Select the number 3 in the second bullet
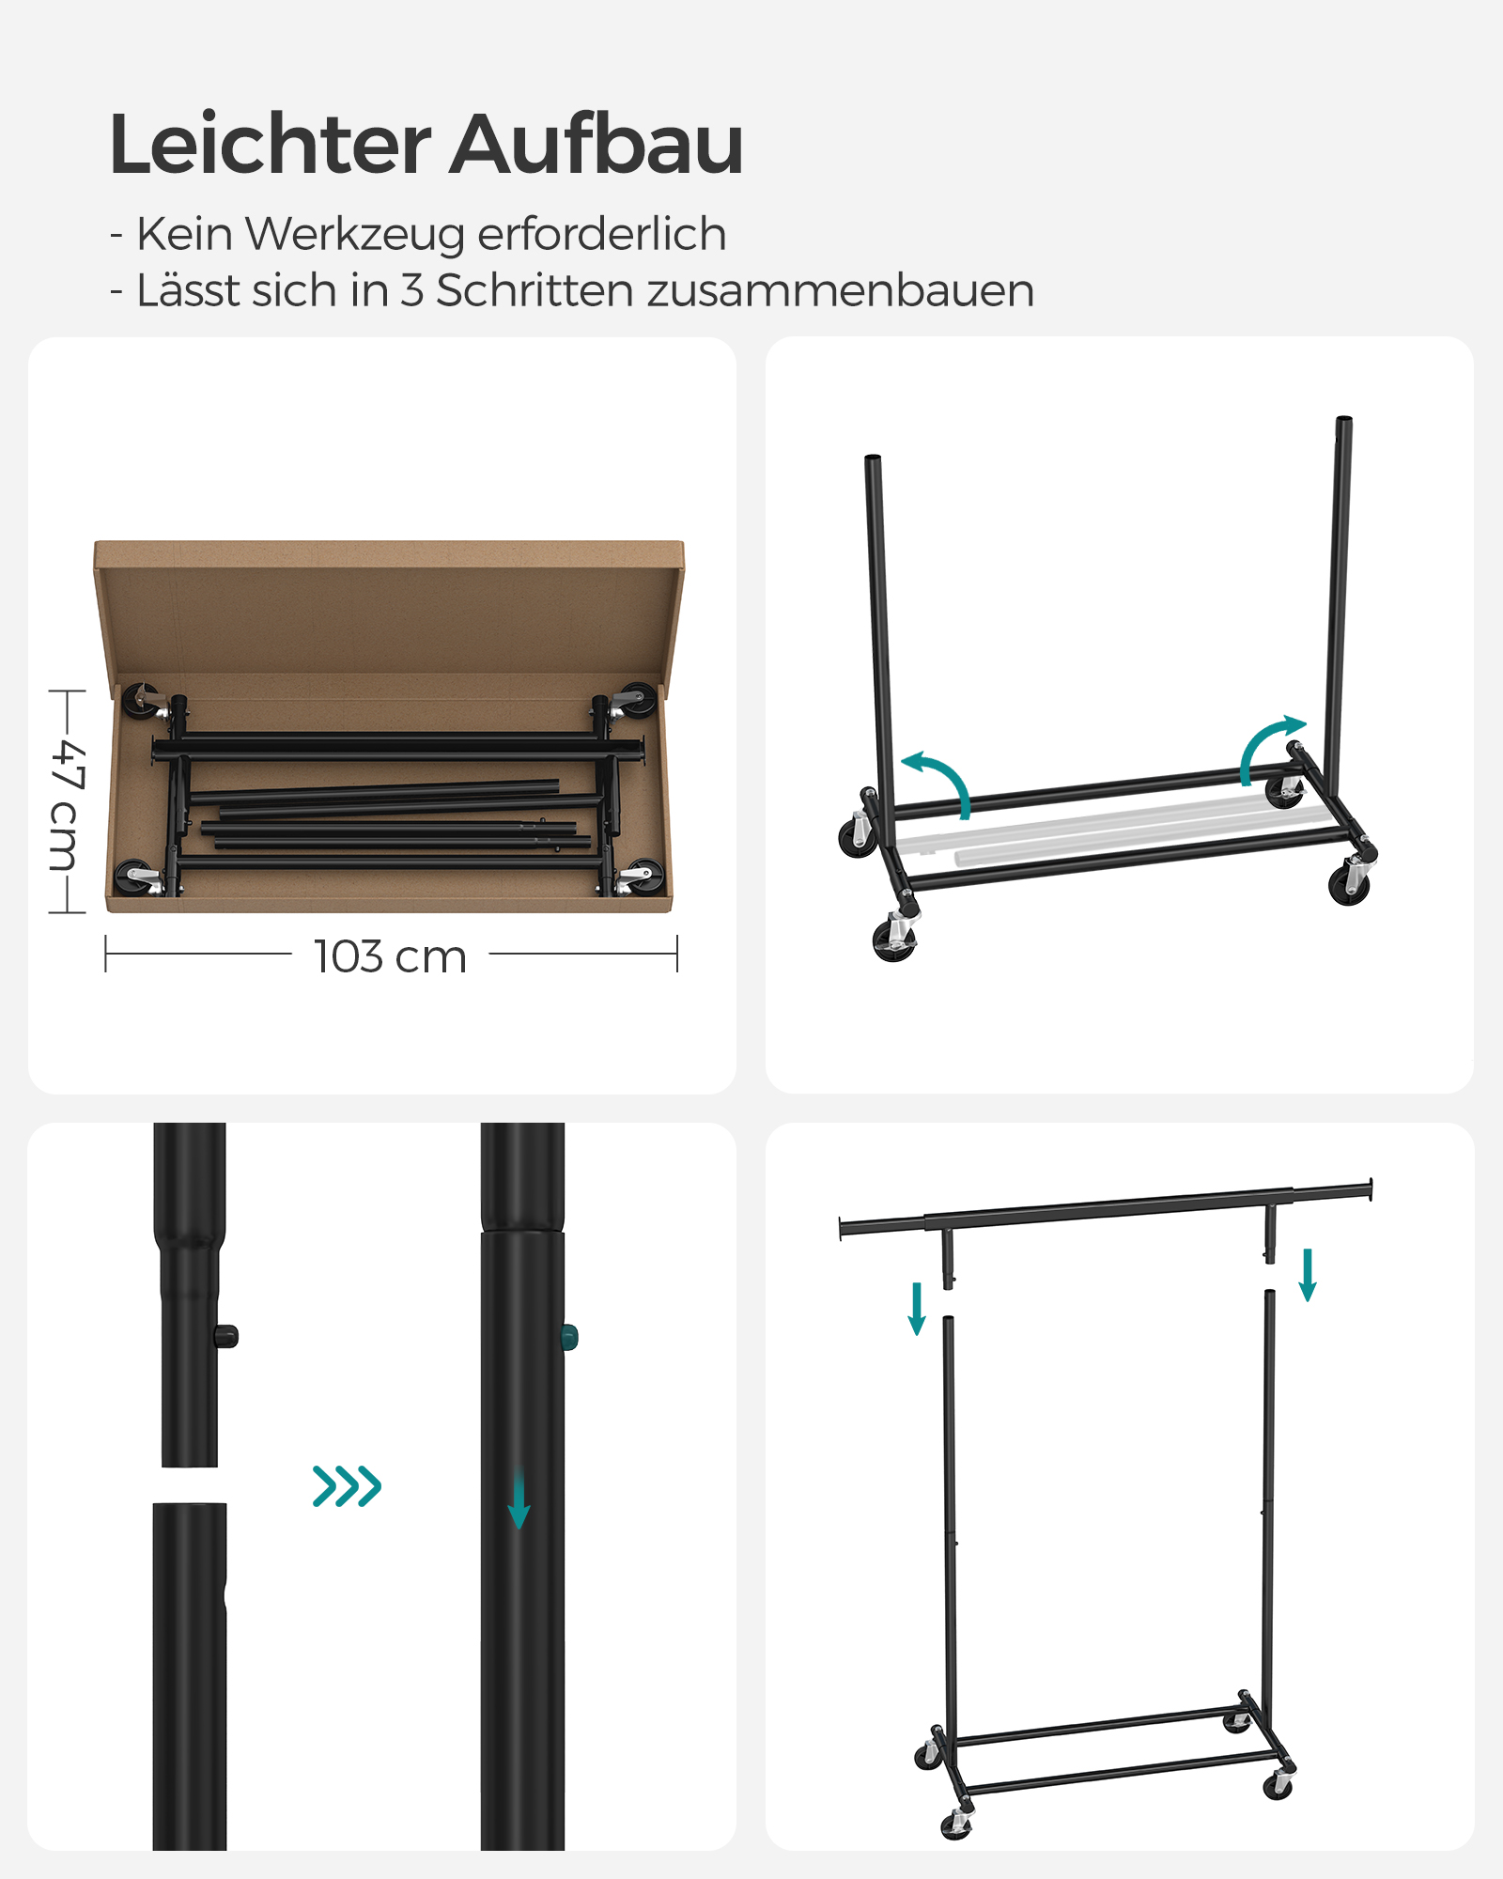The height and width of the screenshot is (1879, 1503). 411,290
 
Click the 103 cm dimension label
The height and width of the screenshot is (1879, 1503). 390,957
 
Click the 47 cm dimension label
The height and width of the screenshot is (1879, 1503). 68,803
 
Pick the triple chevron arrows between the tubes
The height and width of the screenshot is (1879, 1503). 347,1486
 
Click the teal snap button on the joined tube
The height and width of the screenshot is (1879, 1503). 569,1337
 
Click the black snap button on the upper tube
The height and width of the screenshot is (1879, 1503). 227,1336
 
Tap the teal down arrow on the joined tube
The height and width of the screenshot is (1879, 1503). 519,1501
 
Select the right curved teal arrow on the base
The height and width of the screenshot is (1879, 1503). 1268,747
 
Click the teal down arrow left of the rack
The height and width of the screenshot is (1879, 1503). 917,1309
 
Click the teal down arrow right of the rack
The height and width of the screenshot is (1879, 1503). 1307,1275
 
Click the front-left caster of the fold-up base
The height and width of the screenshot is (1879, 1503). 893,939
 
